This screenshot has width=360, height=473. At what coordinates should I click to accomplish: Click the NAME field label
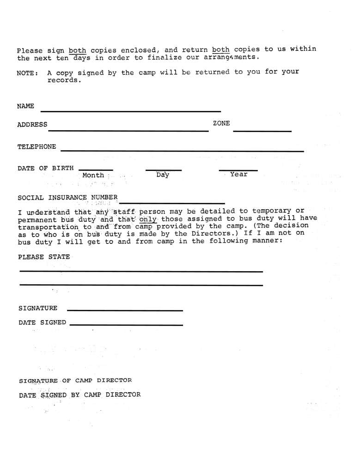(25, 106)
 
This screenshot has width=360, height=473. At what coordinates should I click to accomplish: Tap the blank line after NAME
(131, 111)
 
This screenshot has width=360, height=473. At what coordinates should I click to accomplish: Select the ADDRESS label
(32, 125)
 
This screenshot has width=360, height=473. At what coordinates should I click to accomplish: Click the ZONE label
(221, 123)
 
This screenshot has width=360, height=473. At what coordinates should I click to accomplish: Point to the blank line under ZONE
(262, 132)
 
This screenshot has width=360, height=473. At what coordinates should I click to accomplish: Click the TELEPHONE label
(37, 147)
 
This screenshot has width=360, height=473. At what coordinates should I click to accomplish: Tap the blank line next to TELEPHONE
(182, 151)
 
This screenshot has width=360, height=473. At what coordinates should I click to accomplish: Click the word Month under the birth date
(93, 176)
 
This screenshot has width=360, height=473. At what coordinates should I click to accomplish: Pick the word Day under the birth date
(163, 175)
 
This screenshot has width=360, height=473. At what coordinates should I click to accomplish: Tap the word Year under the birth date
(238, 175)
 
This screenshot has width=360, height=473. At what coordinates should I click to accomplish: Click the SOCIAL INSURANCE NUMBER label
(67, 198)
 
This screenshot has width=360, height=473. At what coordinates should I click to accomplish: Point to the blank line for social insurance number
(172, 203)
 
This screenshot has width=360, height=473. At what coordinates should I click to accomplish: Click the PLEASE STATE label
(44, 257)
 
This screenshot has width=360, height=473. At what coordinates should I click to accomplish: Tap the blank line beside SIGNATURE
(125, 310)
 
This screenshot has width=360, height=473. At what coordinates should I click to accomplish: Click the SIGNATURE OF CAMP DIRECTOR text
(75, 381)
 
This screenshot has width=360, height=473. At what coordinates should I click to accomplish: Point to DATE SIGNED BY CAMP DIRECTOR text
(79, 395)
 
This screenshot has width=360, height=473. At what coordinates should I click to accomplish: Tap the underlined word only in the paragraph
(148, 219)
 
